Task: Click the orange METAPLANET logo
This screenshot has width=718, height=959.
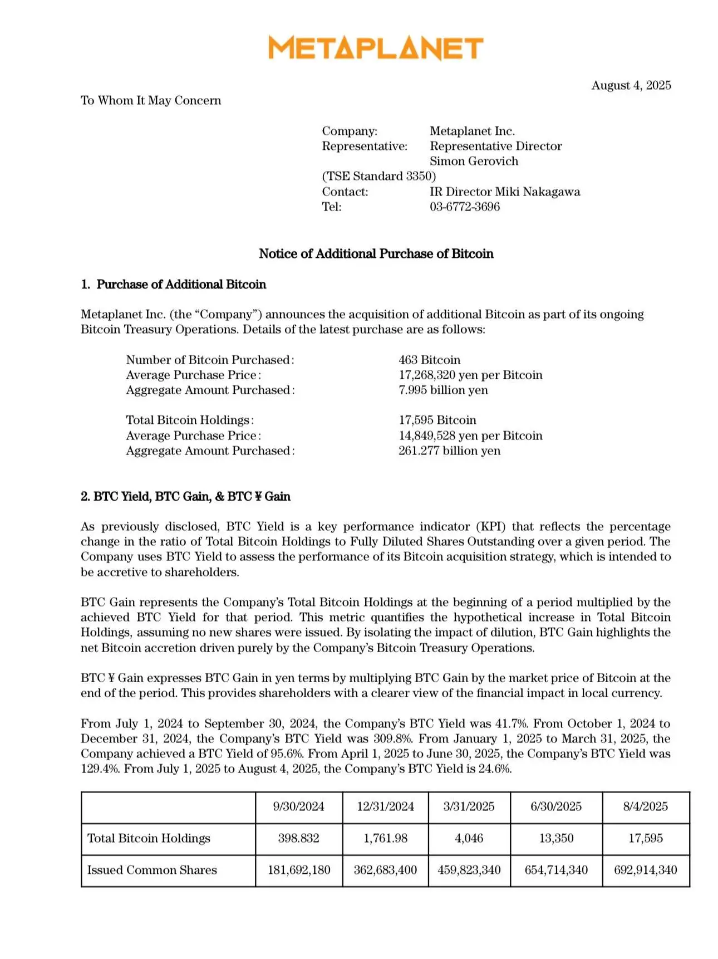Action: coord(376,48)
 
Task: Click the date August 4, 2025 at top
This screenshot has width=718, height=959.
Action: coord(631,85)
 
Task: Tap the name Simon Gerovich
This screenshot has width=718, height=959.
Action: coord(474,161)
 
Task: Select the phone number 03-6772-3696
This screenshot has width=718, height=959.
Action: coord(465,207)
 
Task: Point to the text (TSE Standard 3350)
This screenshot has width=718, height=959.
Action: coord(378,176)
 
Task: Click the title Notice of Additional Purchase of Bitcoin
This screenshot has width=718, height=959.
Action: coord(376,254)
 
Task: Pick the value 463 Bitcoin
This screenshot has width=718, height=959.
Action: coord(429,360)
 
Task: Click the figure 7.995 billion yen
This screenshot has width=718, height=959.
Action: coord(443,390)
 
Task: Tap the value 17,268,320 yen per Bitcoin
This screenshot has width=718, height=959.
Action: coord(470,375)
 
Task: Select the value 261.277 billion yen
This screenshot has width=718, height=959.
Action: coord(449,451)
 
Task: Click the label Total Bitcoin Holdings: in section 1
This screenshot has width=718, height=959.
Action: coord(189,420)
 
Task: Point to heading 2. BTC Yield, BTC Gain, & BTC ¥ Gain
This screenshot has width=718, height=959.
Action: coord(185,496)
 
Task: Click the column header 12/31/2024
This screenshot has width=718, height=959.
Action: coord(385,806)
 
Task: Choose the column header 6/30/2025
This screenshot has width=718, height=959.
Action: coord(556,806)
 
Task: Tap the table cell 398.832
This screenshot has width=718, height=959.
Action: coord(298,838)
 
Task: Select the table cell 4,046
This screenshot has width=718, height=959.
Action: coord(469,838)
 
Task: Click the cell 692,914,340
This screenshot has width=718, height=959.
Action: coord(645,870)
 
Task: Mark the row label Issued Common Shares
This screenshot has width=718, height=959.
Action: coord(152,870)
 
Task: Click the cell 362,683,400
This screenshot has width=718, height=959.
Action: coord(385,870)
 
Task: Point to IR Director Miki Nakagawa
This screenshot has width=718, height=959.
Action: coord(505,192)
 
